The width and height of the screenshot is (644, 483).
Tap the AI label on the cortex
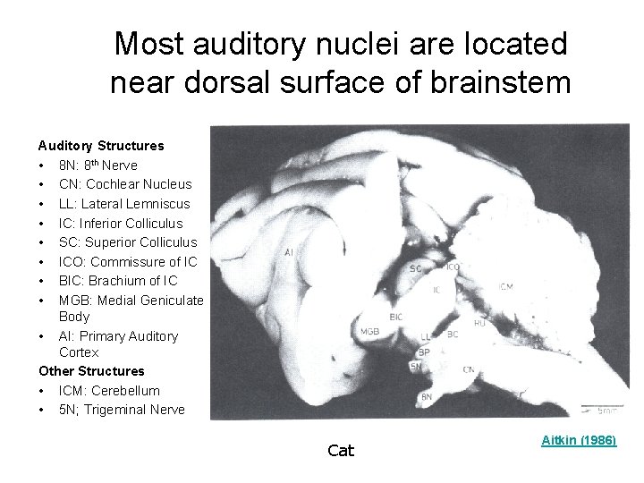point(289,253)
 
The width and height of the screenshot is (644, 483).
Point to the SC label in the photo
point(416,268)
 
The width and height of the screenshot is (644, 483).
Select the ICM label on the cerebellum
point(506,287)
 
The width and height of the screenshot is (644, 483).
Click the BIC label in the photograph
point(396,317)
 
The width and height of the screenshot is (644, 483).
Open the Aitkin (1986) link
point(580,441)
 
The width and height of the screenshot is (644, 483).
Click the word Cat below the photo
point(341,451)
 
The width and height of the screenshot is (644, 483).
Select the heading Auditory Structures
point(100,145)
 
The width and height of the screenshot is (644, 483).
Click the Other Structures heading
point(91,371)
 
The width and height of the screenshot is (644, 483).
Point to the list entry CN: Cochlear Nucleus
point(125,184)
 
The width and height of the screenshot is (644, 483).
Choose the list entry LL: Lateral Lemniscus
point(124,204)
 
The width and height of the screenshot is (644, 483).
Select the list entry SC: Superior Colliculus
point(128,242)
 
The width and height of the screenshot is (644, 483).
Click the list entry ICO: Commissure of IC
point(128,262)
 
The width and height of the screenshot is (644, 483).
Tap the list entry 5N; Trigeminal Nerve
point(122,410)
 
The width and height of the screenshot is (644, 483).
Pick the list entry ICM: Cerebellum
point(109,391)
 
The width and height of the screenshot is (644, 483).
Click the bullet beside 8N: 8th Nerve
point(42,165)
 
